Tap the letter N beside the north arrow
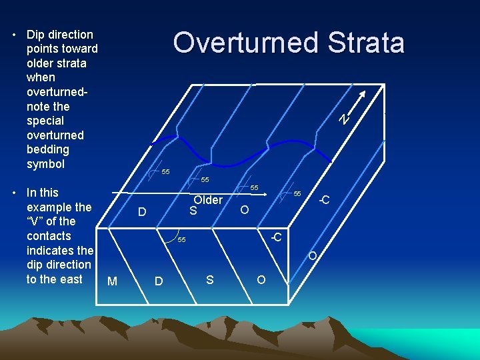pos(343,119)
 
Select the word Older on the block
pos(208,200)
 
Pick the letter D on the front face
pos(159,281)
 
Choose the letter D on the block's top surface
pos(141,213)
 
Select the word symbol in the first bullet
pos(45,164)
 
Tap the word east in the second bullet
pos(70,279)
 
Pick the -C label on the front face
pos(275,237)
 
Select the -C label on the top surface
pos(325,200)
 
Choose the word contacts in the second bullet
pos(49,236)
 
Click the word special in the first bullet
pos(45,121)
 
